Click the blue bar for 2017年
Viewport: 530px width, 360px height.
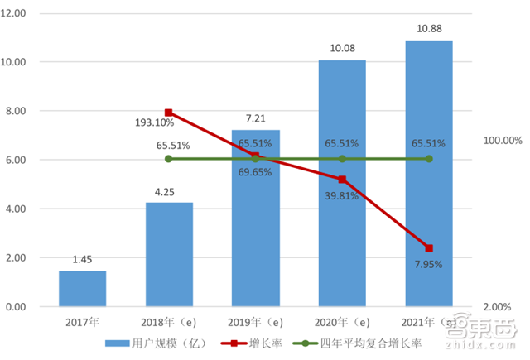point(82,289)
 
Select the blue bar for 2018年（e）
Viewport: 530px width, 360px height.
point(169,255)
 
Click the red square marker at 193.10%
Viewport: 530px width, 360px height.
point(169,113)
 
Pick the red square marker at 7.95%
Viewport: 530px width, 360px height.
point(429,248)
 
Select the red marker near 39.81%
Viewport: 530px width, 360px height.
point(342,179)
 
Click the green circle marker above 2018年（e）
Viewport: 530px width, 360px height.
point(169,159)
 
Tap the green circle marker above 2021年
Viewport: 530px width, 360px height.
point(429,159)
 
